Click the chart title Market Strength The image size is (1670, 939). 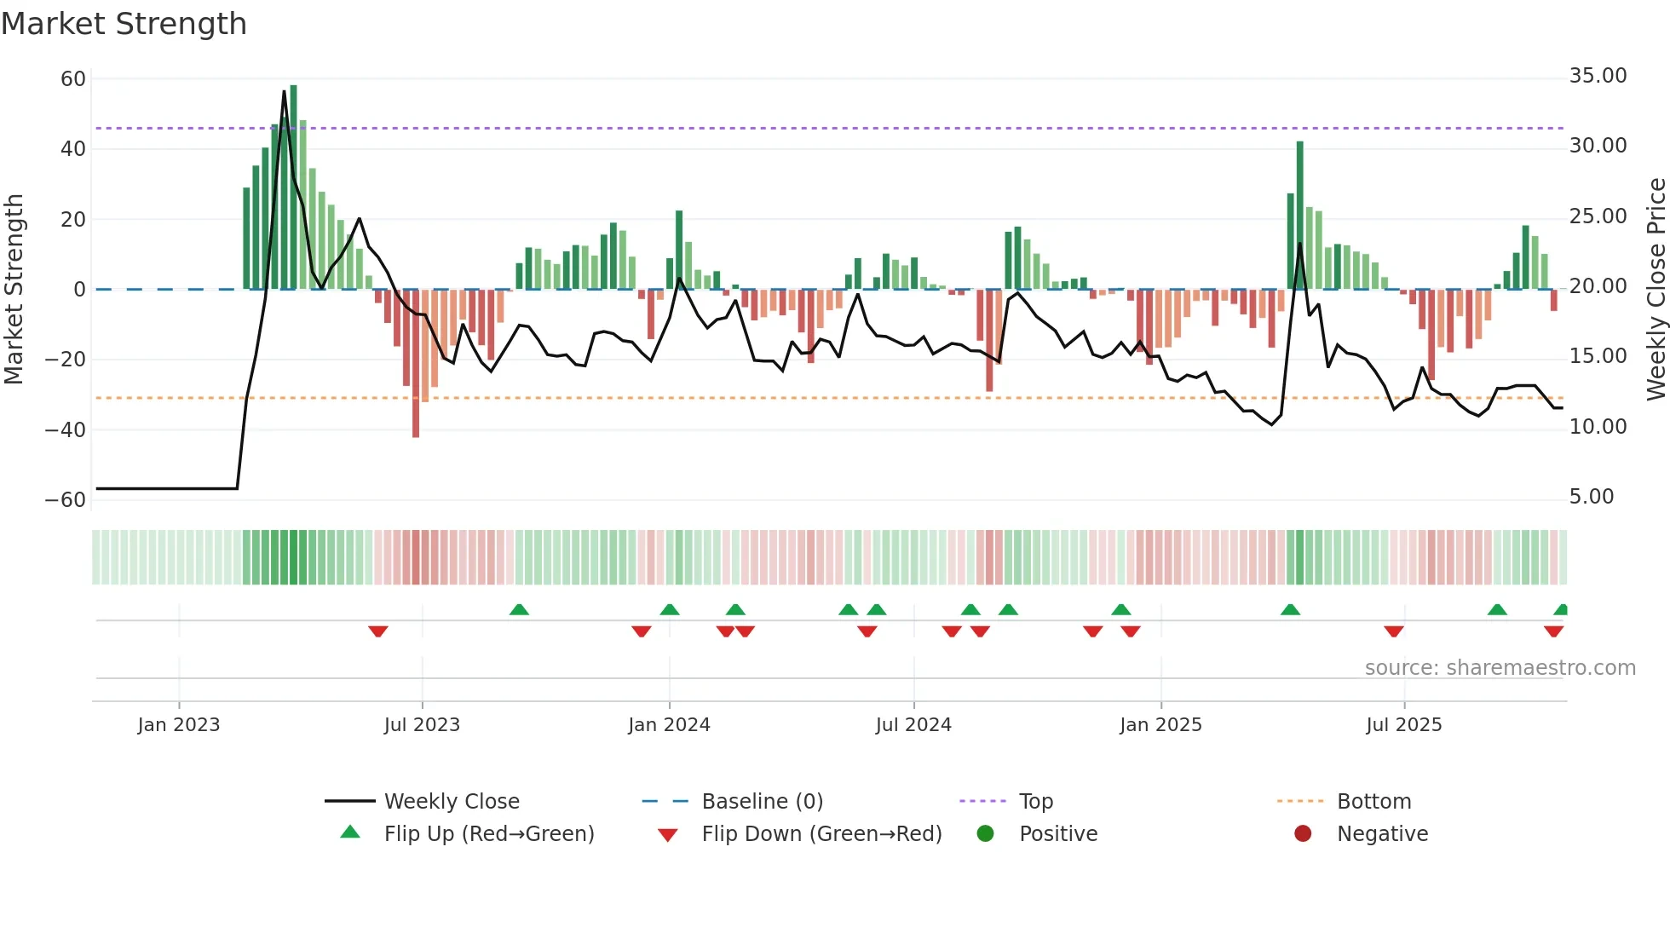124,24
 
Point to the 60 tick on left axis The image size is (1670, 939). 73,79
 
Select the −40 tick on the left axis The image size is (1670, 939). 66,430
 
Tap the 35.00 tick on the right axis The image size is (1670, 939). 1598,76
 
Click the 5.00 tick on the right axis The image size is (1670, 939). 1592,497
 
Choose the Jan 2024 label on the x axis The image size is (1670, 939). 669,725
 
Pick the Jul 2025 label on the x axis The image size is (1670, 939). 1403,725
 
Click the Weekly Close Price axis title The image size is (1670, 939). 1656,290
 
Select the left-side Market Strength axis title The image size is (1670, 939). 14,290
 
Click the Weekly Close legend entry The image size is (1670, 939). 452,802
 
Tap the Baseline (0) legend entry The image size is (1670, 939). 762,802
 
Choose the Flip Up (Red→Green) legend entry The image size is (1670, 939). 488,834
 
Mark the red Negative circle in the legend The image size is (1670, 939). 1303,834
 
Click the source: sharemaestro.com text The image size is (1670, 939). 1500,668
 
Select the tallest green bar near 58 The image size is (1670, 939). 294,187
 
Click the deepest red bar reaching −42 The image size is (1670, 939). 416,364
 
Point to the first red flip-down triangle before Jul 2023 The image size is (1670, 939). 378,631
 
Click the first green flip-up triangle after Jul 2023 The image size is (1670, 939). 519,609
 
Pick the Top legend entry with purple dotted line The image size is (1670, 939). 1036,802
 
